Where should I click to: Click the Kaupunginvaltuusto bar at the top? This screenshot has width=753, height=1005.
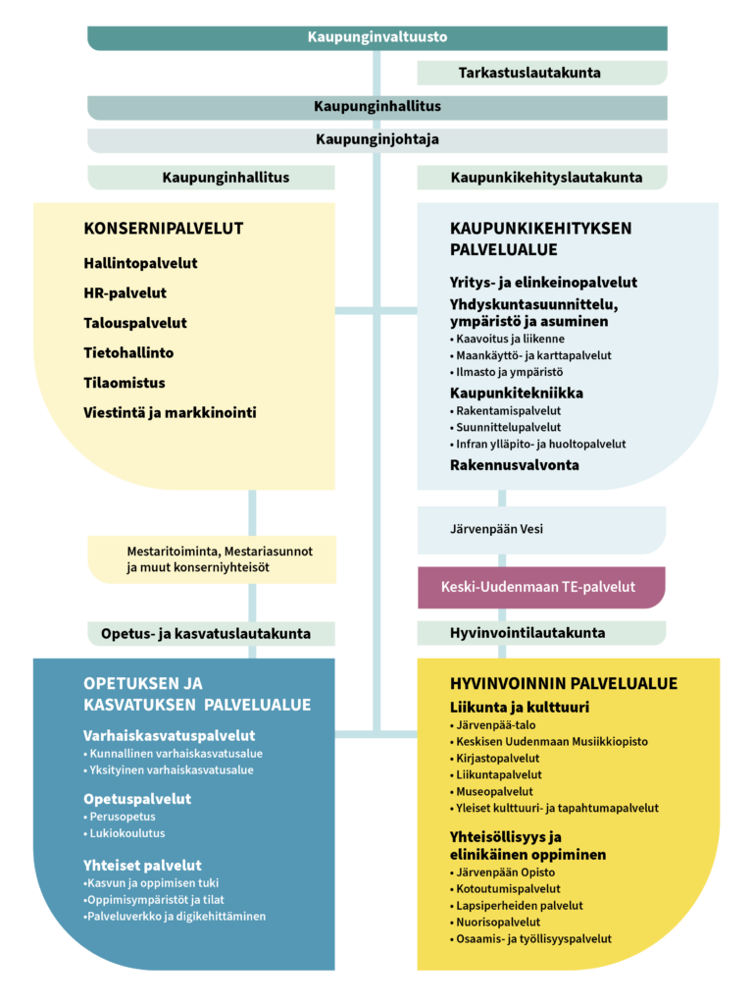pyautogui.click(x=377, y=37)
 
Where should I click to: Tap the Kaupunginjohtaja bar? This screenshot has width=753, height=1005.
pyautogui.click(x=377, y=139)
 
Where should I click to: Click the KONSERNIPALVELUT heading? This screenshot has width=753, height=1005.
pyautogui.click(x=164, y=229)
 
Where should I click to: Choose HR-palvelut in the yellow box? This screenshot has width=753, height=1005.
pyautogui.click(x=125, y=292)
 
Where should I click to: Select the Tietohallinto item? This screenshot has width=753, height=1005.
pyautogui.click(x=128, y=352)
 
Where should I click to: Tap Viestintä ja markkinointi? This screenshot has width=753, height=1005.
pyautogui.click(x=170, y=412)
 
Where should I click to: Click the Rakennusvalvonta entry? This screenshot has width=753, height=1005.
pyautogui.click(x=514, y=464)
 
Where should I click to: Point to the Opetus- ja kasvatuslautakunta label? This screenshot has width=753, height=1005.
pyautogui.click(x=206, y=633)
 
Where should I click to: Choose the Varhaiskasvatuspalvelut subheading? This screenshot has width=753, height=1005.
pyautogui.click(x=169, y=735)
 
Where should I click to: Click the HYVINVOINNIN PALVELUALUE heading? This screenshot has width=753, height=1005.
pyautogui.click(x=563, y=683)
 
